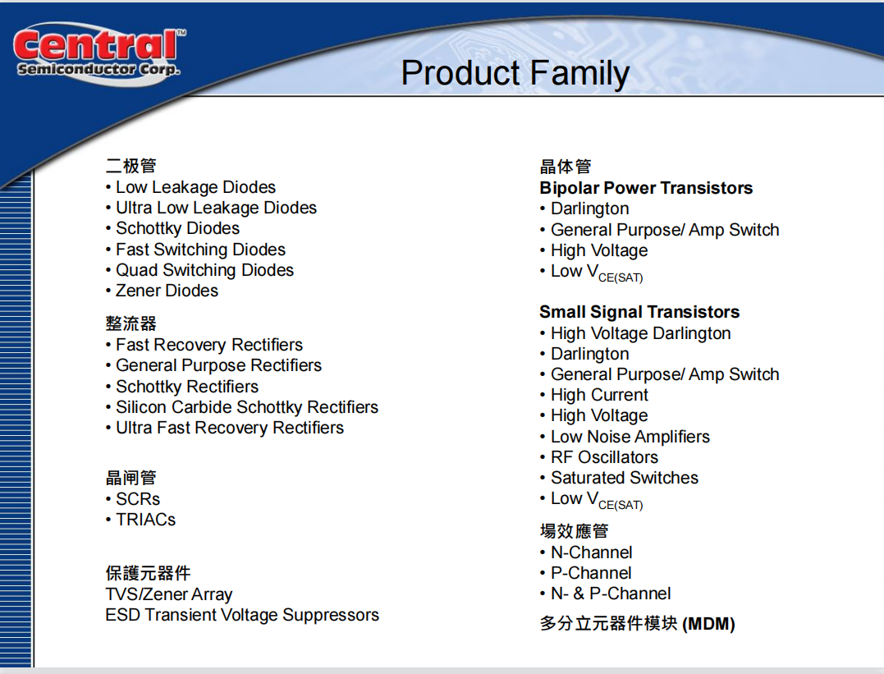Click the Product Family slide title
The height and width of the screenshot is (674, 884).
515,73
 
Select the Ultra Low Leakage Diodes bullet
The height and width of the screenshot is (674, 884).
211,209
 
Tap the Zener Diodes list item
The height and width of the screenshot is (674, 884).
162,291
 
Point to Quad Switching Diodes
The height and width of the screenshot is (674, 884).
199,270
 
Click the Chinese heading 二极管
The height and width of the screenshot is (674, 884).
131,166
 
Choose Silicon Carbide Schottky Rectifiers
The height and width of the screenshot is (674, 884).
242,407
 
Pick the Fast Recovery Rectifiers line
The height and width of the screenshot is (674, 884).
204,345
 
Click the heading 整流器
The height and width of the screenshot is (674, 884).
131,323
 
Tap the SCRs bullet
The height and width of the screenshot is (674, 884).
132,499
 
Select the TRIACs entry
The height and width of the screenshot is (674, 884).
140,520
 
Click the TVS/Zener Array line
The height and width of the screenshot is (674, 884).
169,594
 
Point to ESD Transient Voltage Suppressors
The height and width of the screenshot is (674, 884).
242,615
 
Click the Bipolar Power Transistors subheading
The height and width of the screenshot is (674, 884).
646,188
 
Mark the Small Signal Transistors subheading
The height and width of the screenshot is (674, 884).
640,312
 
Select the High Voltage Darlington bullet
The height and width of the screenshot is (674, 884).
635,333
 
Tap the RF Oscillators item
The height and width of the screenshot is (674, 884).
599,457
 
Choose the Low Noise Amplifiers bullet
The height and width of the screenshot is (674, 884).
625,437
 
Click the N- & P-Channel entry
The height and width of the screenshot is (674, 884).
606,594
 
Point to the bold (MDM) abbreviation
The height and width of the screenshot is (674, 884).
708,625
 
